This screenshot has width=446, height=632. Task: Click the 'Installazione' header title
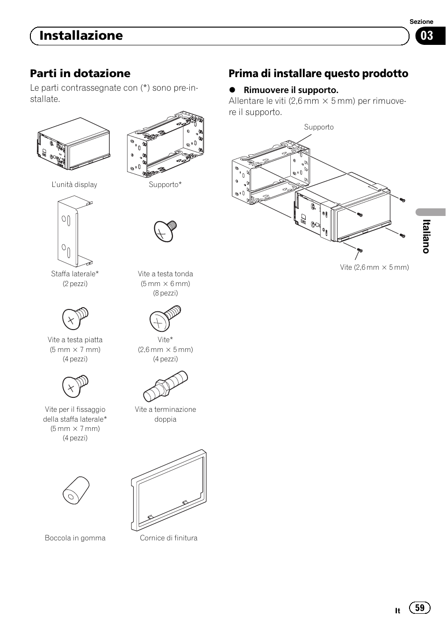pos(81,36)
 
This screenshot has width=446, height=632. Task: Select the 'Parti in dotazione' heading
pos(80,73)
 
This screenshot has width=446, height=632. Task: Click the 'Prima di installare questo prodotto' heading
pos(318,73)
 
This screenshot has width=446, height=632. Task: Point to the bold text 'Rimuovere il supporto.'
pos(290,90)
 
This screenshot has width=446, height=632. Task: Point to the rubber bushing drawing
pos(76,491)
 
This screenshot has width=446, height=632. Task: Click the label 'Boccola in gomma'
pos(75,538)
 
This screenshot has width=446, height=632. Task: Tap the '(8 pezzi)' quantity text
pos(165,293)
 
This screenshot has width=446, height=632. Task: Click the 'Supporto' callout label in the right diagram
pos(319,127)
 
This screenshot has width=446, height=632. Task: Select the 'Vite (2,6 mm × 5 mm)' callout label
pos(374,267)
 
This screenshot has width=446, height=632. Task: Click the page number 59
pos(419,608)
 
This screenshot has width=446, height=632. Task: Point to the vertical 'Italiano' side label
pos(425,237)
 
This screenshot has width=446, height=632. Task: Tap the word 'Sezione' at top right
pos(421,22)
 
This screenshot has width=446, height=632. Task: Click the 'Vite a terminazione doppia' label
pos(165,414)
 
